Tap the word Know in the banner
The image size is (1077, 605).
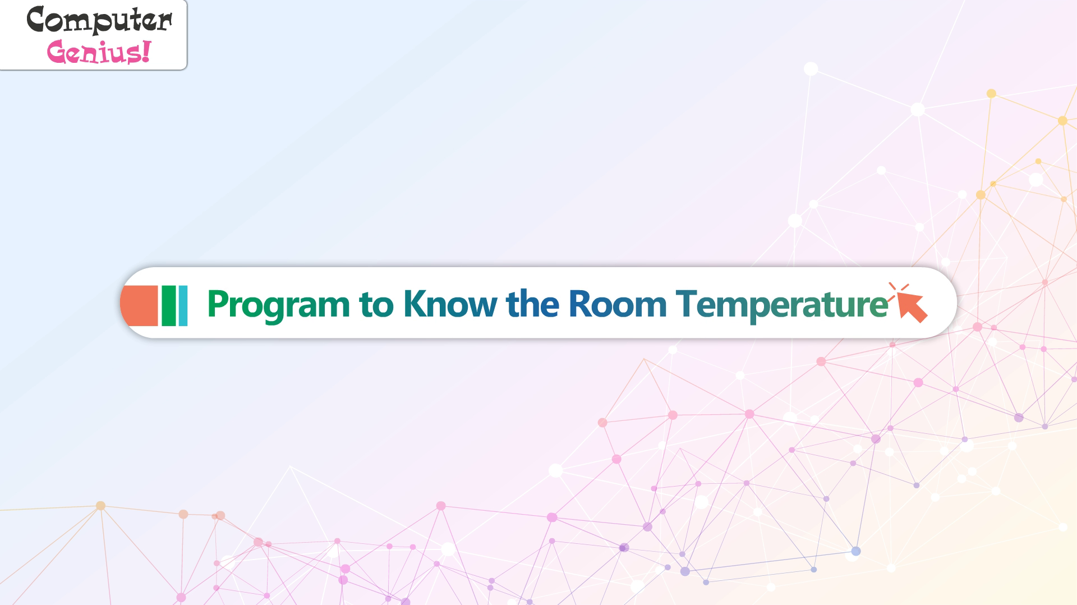(450, 304)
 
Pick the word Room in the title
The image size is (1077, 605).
(617, 304)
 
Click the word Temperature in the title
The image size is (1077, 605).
(782, 306)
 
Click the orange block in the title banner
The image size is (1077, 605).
(139, 305)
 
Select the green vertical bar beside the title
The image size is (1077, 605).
(169, 305)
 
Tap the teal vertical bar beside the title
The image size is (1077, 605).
(183, 305)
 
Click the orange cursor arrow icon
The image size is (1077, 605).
(912, 306)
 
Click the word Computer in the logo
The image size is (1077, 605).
(99, 21)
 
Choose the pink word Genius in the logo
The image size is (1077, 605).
(94, 52)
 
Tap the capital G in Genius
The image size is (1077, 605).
(58, 52)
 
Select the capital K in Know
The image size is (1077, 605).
(414, 304)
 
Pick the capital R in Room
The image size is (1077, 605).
(579, 304)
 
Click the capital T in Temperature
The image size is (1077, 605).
(687, 304)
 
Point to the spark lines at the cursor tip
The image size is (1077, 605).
(898, 290)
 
